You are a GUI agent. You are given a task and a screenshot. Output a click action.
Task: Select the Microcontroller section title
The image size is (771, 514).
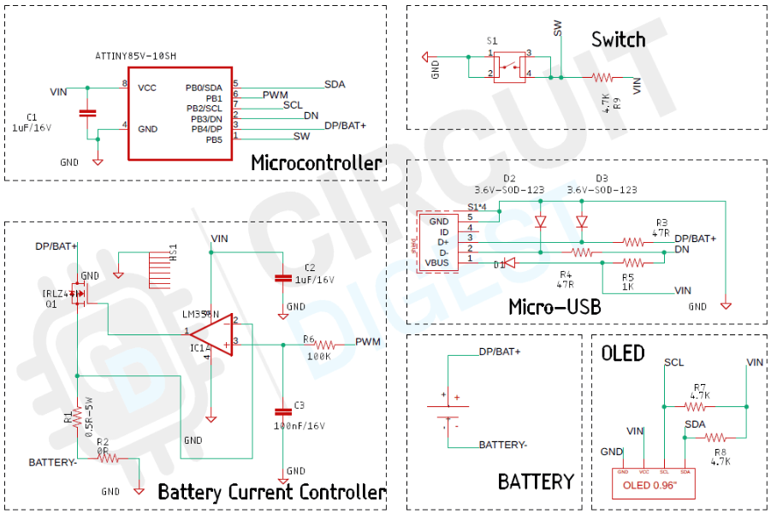pyautogui.click(x=317, y=162)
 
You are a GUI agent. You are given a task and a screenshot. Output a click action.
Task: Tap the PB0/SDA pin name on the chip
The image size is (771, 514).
pyautogui.click(x=203, y=87)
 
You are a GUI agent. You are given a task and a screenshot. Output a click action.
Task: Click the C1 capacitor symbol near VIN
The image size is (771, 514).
pyautogui.click(x=86, y=113)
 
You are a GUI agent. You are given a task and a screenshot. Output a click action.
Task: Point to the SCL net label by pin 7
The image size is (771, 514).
pyautogui.click(x=293, y=105)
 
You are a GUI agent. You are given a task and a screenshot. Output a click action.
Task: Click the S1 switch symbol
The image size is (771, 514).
pyautogui.click(x=510, y=65)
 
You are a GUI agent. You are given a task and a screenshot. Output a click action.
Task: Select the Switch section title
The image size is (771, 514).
pyautogui.click(x=618, y=39)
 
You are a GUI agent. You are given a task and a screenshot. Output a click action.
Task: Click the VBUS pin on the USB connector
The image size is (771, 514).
pyautogui.click(x=437, y=263)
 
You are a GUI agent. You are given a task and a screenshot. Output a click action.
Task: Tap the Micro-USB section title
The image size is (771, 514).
pyautogui.click(x=555, y=306)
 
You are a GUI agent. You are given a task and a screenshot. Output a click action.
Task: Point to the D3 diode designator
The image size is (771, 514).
pyautogui.click(x=602, y=178)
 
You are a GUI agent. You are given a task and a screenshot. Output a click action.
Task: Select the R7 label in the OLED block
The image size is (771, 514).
pyautogui.click(x=700, y=387)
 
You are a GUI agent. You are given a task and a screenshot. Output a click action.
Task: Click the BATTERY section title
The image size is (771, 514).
pyautogui.click(x=536, y=482)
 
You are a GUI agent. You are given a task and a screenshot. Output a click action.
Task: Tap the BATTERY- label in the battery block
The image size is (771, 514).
pyautogui.click(x=502, y=445)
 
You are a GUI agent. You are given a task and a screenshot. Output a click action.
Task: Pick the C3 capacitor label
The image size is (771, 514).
pyautogui.click(x=299, y=405)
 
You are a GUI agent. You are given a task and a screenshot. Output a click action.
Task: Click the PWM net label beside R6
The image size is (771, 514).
pyautogui.click(x=368, y=341)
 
